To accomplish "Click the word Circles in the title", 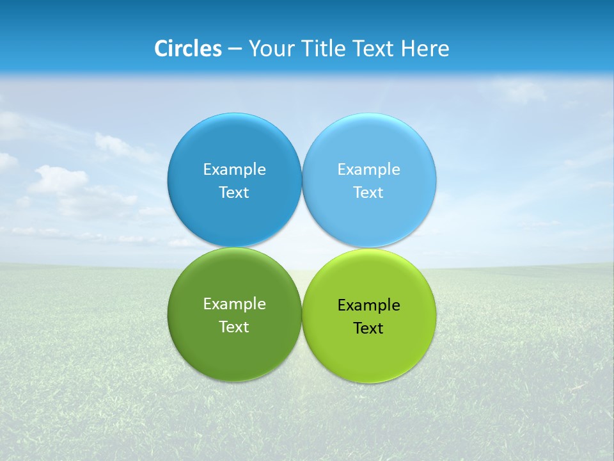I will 187,49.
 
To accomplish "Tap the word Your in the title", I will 268,49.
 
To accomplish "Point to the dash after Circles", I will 235,49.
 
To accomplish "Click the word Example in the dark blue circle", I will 234,170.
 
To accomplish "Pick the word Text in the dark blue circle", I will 234,193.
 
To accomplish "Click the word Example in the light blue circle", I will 368,170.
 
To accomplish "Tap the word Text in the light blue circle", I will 368,193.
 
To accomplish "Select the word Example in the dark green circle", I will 234,304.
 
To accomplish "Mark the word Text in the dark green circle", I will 234,327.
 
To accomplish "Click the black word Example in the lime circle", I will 368,305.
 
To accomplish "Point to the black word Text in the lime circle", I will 368,328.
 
